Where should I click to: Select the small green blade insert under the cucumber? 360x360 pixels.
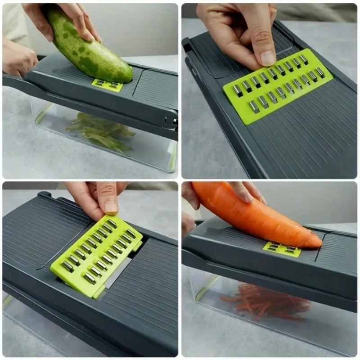pos(108,85)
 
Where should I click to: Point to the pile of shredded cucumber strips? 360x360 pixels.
pos(101,130)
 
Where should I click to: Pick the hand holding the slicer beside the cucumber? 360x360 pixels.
pos(18,58)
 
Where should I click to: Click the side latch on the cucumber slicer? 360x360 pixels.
pos(170,121)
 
